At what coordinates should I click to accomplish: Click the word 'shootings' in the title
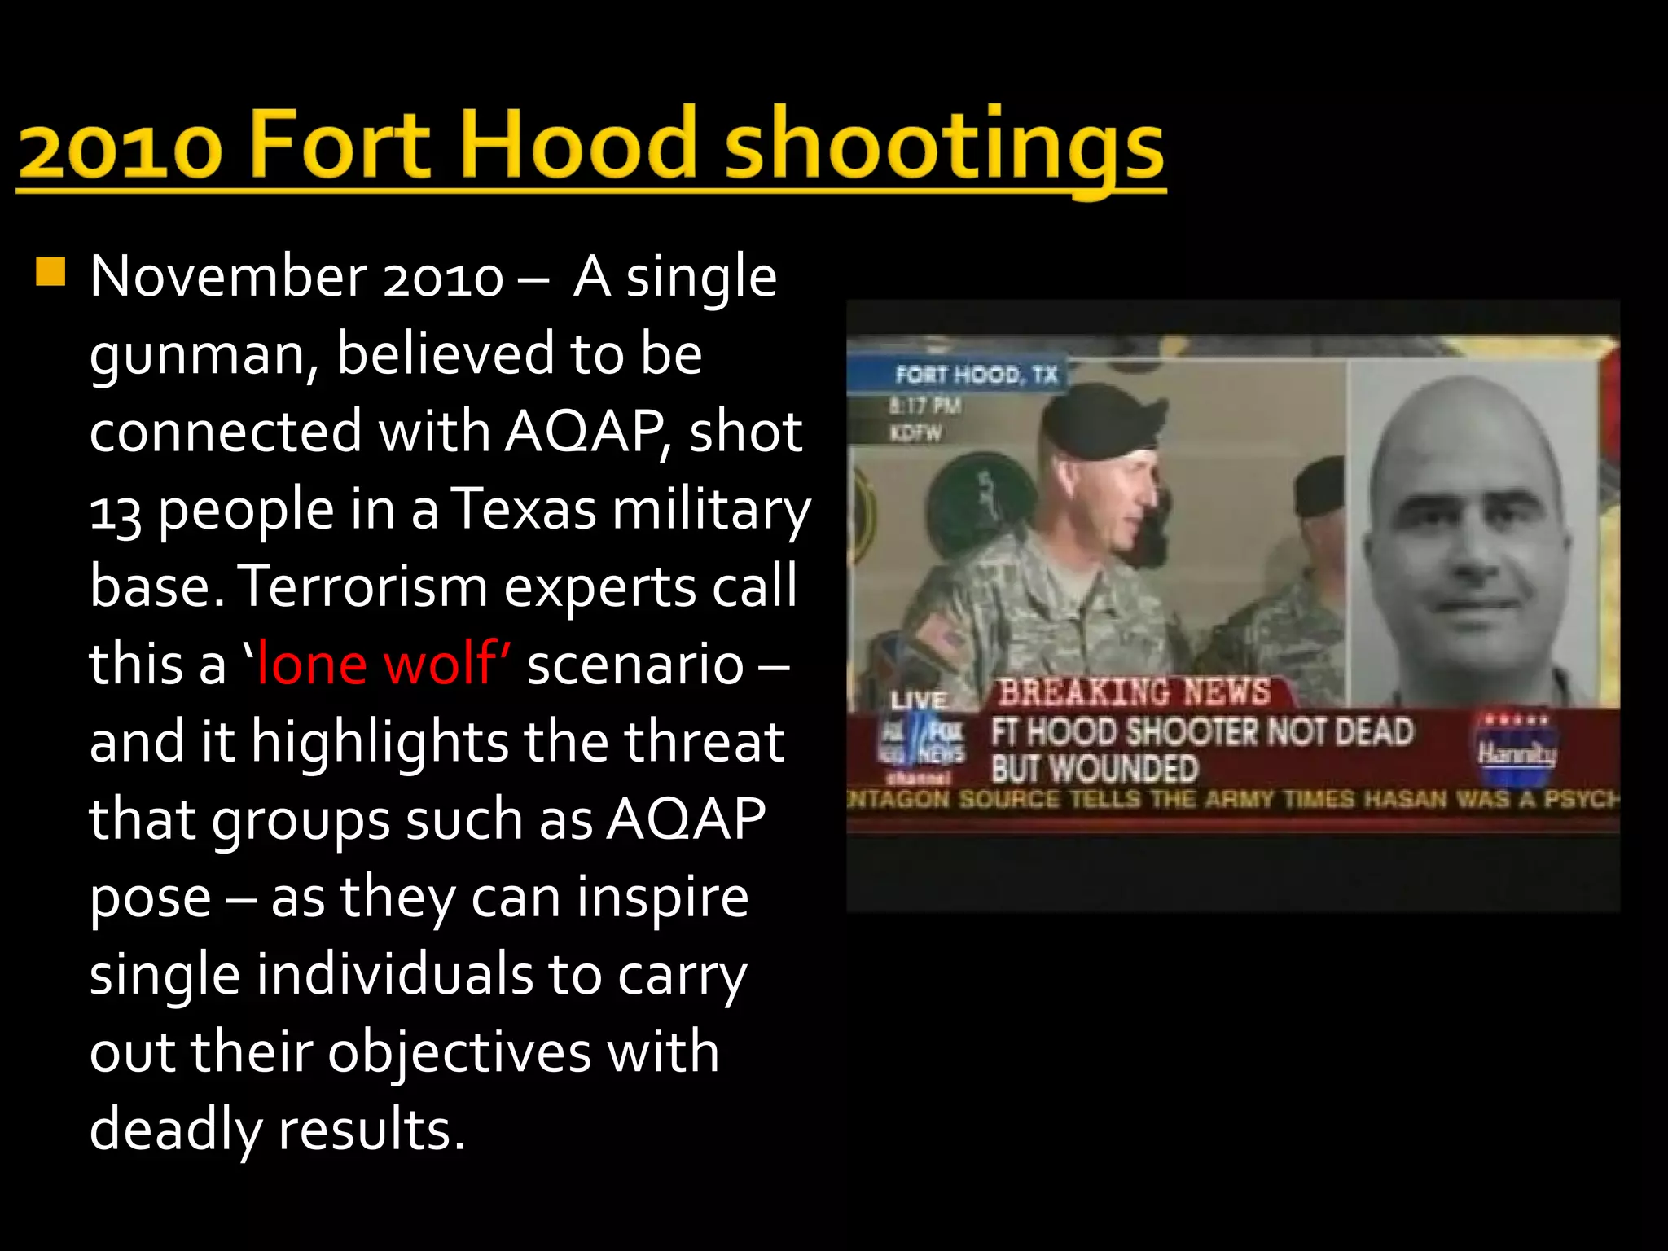click(x=945, y=145)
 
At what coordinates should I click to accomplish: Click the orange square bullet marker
click(x=50, y=271)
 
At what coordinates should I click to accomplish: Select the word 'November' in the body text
click(x=229, y=277)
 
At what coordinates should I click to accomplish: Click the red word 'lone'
click(x=312, y=664)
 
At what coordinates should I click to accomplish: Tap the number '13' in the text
click(x=115, y=511)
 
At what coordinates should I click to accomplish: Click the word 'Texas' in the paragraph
click(x=524, y=509)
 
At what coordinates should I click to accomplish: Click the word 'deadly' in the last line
click(x=175, y=1130)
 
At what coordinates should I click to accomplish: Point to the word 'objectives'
click(x=459, y=1052)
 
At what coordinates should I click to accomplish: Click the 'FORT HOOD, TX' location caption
click(x=976, y=375)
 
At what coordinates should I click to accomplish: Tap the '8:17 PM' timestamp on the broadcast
click(x=925, y=406)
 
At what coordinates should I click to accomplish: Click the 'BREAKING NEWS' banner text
click(x=1135, y=691)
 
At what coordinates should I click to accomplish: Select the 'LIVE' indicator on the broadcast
click(x=919, y=700)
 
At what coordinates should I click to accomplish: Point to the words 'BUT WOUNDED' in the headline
click(x=1095, y=769)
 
